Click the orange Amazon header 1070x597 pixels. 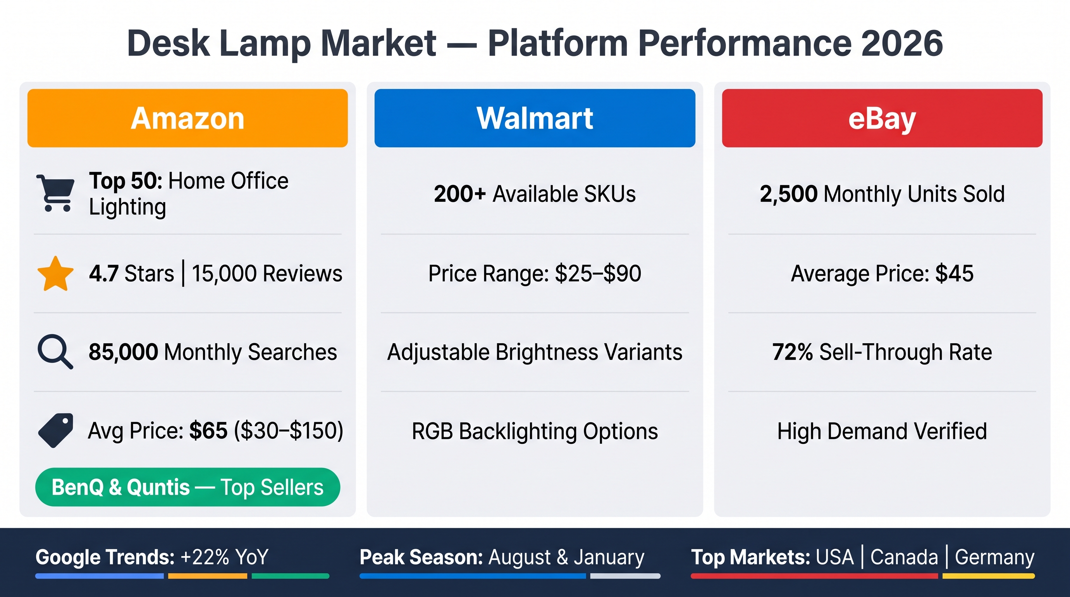[x=187, y=118]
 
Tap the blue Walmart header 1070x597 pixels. [x=535, y=118]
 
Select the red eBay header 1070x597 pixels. [x=882, y=118]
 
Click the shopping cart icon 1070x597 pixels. [x=55, y=193]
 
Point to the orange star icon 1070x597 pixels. [x=55, y=274]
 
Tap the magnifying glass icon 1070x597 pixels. [x=55, y=352]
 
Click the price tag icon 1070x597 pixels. [x=55, y=431]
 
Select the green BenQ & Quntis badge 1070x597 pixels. [x=187, y=487]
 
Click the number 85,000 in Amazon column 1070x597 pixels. [x=123, y=352]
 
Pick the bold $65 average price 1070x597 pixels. [x=208, y=431]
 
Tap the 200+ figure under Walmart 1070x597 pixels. [x=460, y=194]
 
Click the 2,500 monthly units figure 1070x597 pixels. [x=789, y=194]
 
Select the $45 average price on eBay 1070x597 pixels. [x=954, y=274]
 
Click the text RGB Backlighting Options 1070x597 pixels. [x=535, y=431]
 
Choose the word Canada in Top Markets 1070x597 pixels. [x=904, y=557]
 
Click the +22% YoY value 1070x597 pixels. [x=225, y=557]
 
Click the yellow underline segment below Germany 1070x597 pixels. [x=989, y=576]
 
